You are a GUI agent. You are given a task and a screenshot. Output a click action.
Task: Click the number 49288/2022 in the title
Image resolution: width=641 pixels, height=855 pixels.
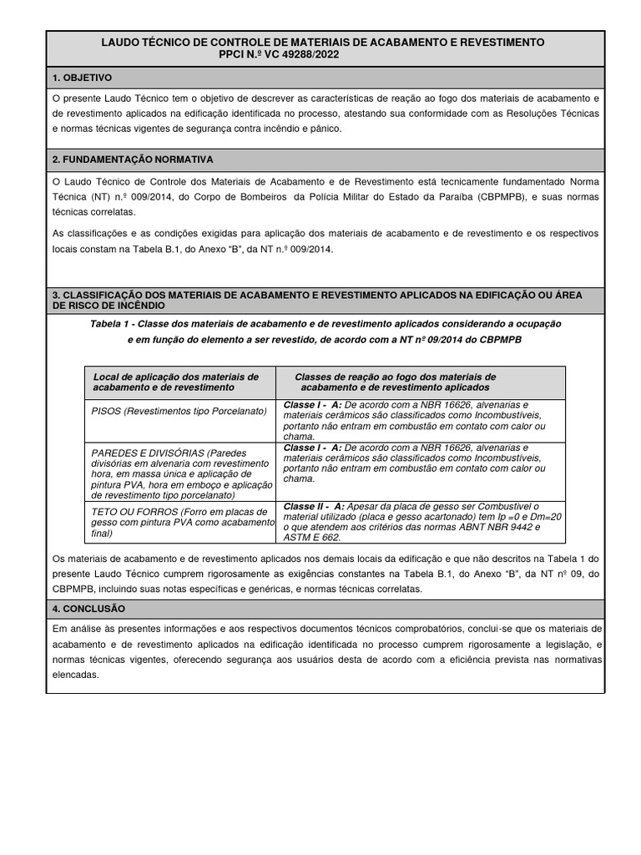coord(307,54)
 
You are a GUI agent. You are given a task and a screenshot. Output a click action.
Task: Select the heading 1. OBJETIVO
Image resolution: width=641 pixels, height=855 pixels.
coord(82,78)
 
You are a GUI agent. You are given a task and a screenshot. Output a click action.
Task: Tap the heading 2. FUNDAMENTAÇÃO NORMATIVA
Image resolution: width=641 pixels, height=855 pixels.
coord(133,159)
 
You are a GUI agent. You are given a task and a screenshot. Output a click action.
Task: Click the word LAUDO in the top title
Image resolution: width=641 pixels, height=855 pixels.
coord(119,42)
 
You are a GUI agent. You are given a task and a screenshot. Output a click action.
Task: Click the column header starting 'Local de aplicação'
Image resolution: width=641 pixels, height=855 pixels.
coord(176,382)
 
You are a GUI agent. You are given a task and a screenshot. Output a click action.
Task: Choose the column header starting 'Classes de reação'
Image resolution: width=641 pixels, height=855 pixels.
coord(396,382)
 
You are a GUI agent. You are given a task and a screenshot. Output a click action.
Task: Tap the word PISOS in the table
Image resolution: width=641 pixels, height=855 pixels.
coord(107,411)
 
